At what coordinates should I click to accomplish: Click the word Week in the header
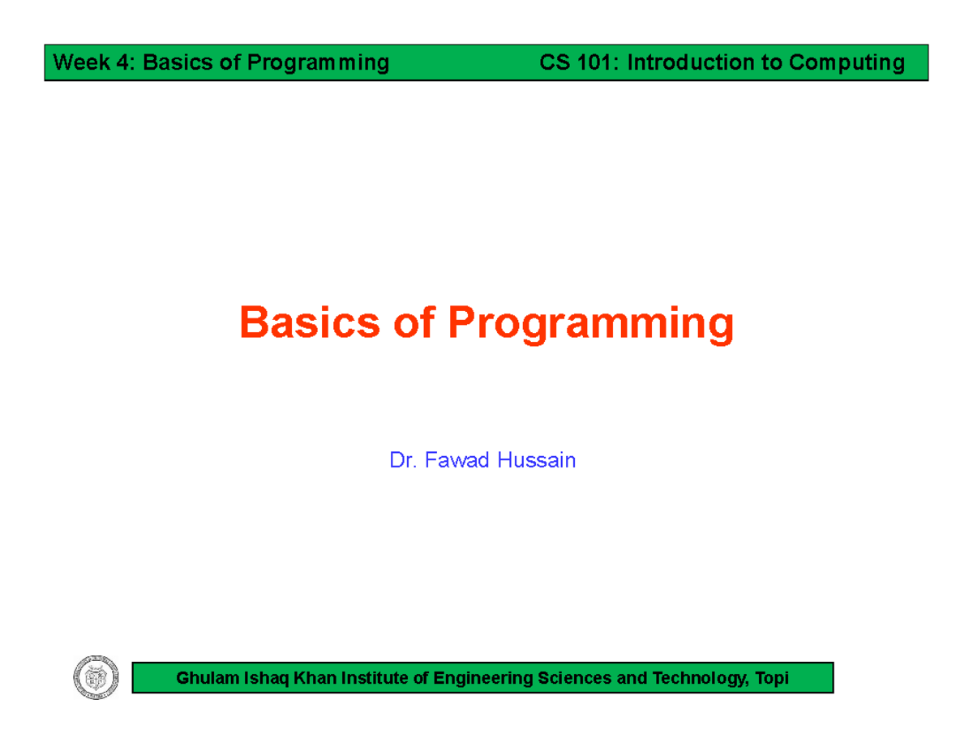point(81,62)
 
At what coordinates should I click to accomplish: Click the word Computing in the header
point(847,63)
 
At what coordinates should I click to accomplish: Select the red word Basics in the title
point(310,322)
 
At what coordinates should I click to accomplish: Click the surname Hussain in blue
point(537,460)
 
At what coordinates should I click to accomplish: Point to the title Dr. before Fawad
point(403,460)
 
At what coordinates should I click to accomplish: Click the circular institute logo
point(96,677)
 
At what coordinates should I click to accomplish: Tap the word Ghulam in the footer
point(208,678)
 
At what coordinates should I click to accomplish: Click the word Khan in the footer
point(315,678)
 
